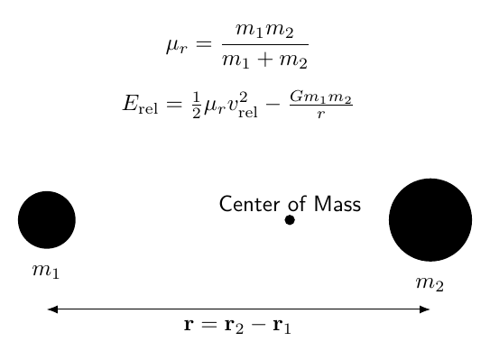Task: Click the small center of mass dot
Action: (x=290, y=220)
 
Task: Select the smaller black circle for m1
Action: (x=47, y=220)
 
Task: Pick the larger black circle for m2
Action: (x=430, y=220)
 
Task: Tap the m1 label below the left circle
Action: (x=46, y=271)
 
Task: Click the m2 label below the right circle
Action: (x=430, y=283)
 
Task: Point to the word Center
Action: (x=249, y=205)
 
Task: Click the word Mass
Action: (x=337, y=205)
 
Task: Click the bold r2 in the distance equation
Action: (x=234, y=326)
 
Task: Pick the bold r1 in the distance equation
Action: (x=282, y=326)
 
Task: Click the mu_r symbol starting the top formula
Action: (x=177, y=46)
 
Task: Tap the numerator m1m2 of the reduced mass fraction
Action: (x=264, y=31)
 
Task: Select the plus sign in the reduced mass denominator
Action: (x=265, y=60)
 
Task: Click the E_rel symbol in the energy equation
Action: (x=140, y=104)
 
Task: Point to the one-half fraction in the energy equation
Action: (x=196, y=105)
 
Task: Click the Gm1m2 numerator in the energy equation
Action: (x=321, y=97)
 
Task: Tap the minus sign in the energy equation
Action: (x=273, y=104)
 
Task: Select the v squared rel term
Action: (x=243, y=105)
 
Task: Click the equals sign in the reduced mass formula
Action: (x=204, y=44)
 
